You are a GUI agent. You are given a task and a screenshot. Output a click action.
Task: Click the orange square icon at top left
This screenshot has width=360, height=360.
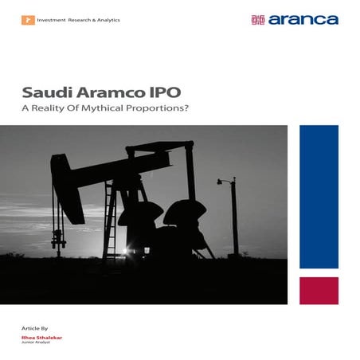tap(26, 19)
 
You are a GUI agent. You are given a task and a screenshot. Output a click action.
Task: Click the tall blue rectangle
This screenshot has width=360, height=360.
tap(319, 196)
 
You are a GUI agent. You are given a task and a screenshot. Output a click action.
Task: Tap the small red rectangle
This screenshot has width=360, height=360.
tap(319, 290)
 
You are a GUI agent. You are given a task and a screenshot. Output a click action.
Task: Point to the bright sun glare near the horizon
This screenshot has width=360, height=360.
tap(127, 252)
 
